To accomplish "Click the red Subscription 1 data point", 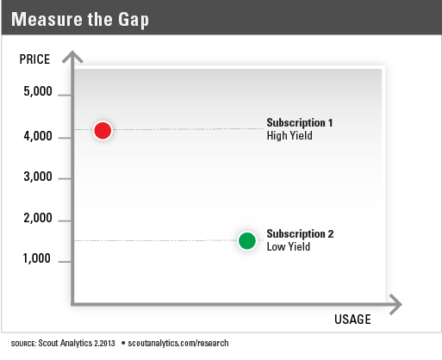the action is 103,130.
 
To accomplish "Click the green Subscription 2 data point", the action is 247,240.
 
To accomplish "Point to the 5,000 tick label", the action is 38,91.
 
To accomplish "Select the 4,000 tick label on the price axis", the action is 38,136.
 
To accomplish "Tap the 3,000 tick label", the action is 38,177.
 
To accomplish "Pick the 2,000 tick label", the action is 38,218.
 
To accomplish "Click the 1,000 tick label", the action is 37,258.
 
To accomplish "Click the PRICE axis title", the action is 34,59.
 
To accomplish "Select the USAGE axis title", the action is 352,320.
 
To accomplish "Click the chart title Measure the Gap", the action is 80,20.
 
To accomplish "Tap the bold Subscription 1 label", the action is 300,122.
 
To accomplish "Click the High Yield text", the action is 289,135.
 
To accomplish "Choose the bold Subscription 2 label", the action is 300,233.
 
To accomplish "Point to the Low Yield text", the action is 289,246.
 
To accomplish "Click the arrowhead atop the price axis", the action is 72,56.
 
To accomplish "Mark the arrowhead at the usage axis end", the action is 395,304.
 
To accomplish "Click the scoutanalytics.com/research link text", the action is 178,343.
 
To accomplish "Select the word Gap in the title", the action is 134,20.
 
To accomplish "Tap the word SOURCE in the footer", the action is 23,344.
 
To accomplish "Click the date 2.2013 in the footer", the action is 104,343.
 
